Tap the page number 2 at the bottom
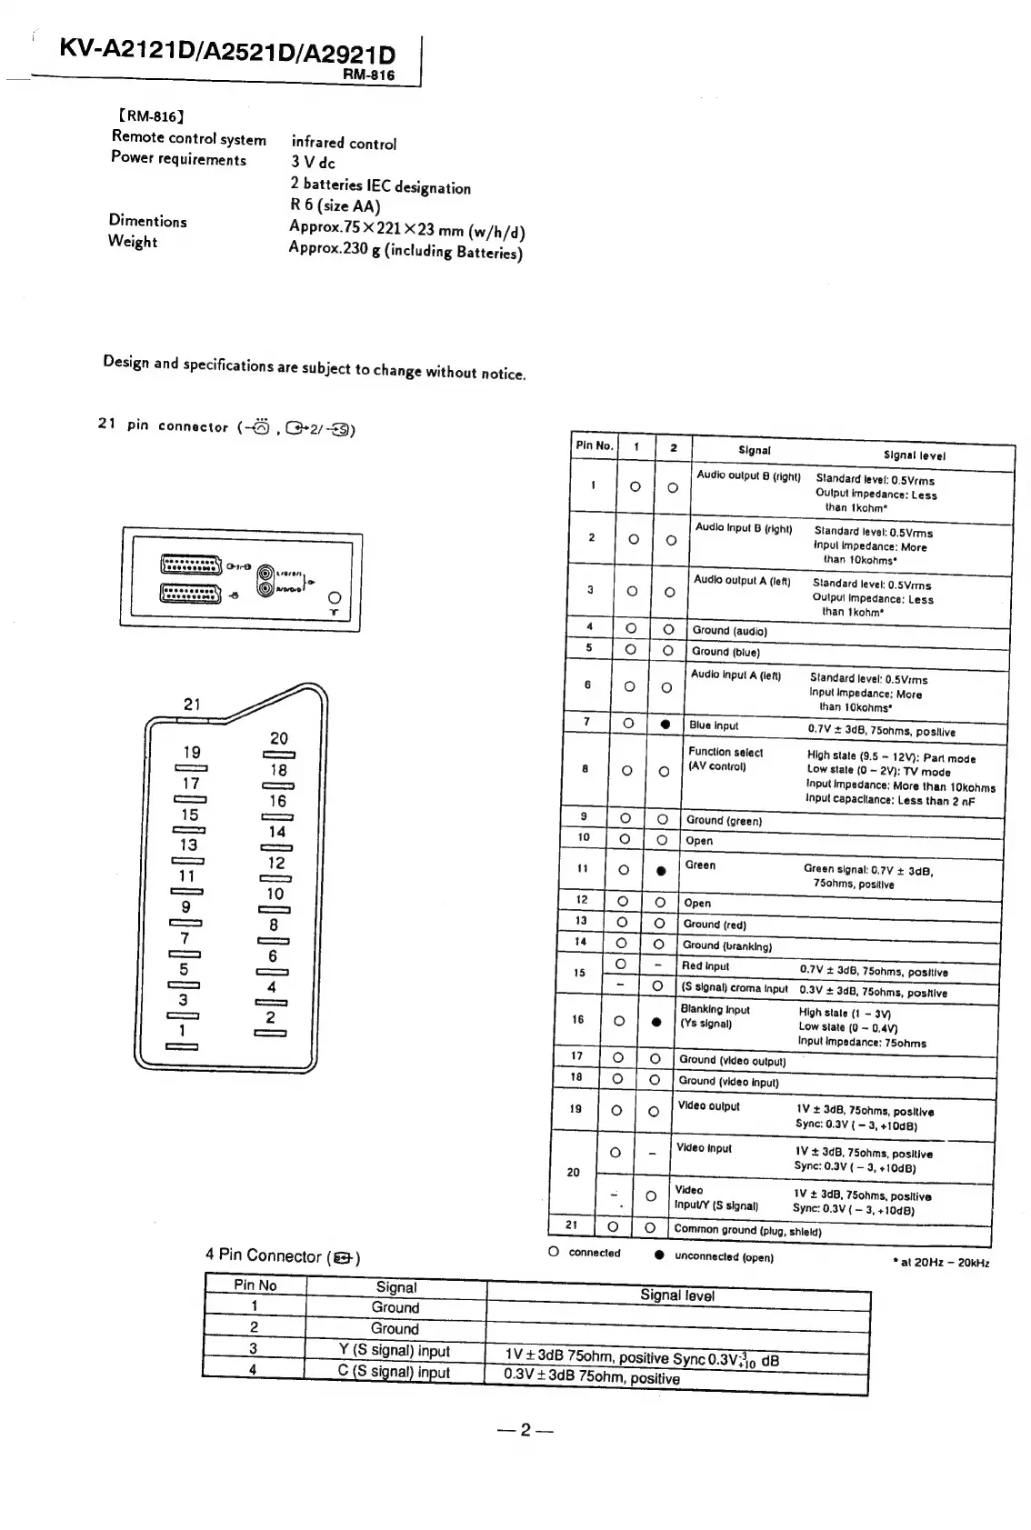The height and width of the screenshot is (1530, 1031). coord(526,1430)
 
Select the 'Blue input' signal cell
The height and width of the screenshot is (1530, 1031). coord(714,725)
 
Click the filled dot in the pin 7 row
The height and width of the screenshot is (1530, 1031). coord(666,725)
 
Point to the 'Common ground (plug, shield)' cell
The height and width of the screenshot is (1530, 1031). coord(747,1230)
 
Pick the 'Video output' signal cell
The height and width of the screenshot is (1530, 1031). coord(708,1106)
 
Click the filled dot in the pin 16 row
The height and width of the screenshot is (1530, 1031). coord(655,1021)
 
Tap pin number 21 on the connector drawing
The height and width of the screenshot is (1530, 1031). coord(192,704)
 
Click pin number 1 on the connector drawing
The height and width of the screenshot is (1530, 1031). coord(182,1030)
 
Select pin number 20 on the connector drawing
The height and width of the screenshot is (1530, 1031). coord(279,738)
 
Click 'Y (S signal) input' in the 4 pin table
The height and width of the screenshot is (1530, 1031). coord(395,1351)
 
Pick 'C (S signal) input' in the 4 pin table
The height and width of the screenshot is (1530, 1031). coord(395,1372)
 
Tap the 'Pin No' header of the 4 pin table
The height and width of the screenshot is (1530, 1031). coord(255,1285)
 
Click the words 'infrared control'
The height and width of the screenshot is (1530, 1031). coord(344,143)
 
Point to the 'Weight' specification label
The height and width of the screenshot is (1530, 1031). coord(133,241)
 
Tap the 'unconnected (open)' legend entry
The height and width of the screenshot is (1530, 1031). coord(724,1257)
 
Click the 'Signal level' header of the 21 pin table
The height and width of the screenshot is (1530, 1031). coord(914,455)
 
